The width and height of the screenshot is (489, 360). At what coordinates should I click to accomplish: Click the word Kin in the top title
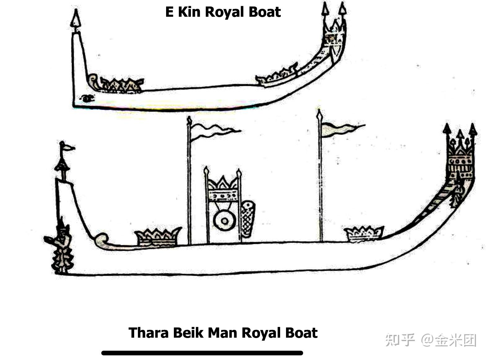pyautogui.click(x=189, y=12)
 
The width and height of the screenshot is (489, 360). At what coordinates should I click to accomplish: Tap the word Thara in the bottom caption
pyautogui.click(x=148, y=333)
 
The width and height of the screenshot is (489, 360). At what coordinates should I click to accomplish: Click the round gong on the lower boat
pyautogui.click(x=225, y=221)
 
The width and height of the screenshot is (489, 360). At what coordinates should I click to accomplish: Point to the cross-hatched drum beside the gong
pyautogui.click(x=248, y=219)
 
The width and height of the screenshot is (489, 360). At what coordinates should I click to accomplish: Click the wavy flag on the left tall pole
pyautogui.click(x=214, y=130)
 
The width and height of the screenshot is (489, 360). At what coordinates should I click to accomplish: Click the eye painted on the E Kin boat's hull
pyautogui.click(x=87, y=98)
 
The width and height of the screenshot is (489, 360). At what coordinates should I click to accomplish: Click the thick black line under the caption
pyautogui.click(x=202, y=353)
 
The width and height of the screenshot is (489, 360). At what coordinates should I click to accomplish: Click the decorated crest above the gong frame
pyautogui.click(x=223, y=189)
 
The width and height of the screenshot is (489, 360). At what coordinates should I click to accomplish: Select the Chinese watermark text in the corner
pyautogui.click(x=431, y=340)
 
